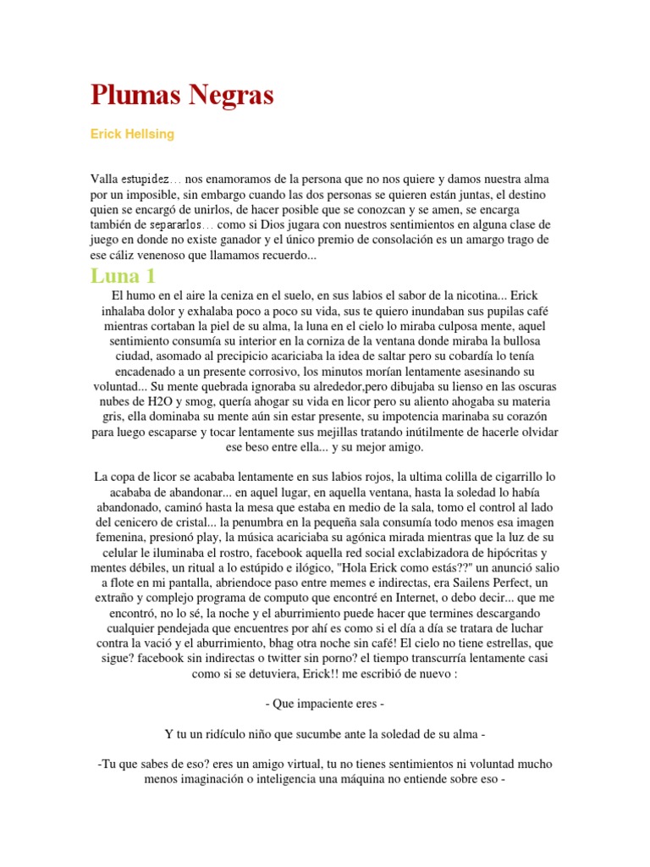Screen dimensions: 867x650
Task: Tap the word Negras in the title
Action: [x=229, y=96]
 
